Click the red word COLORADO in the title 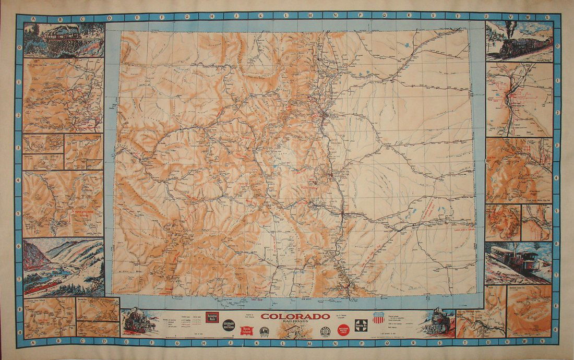[295, 316]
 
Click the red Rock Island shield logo [246, 330]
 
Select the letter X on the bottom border [546, 343]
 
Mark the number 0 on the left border [19, 46]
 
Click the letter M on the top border [312, 17]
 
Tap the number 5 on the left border [19, 212]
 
